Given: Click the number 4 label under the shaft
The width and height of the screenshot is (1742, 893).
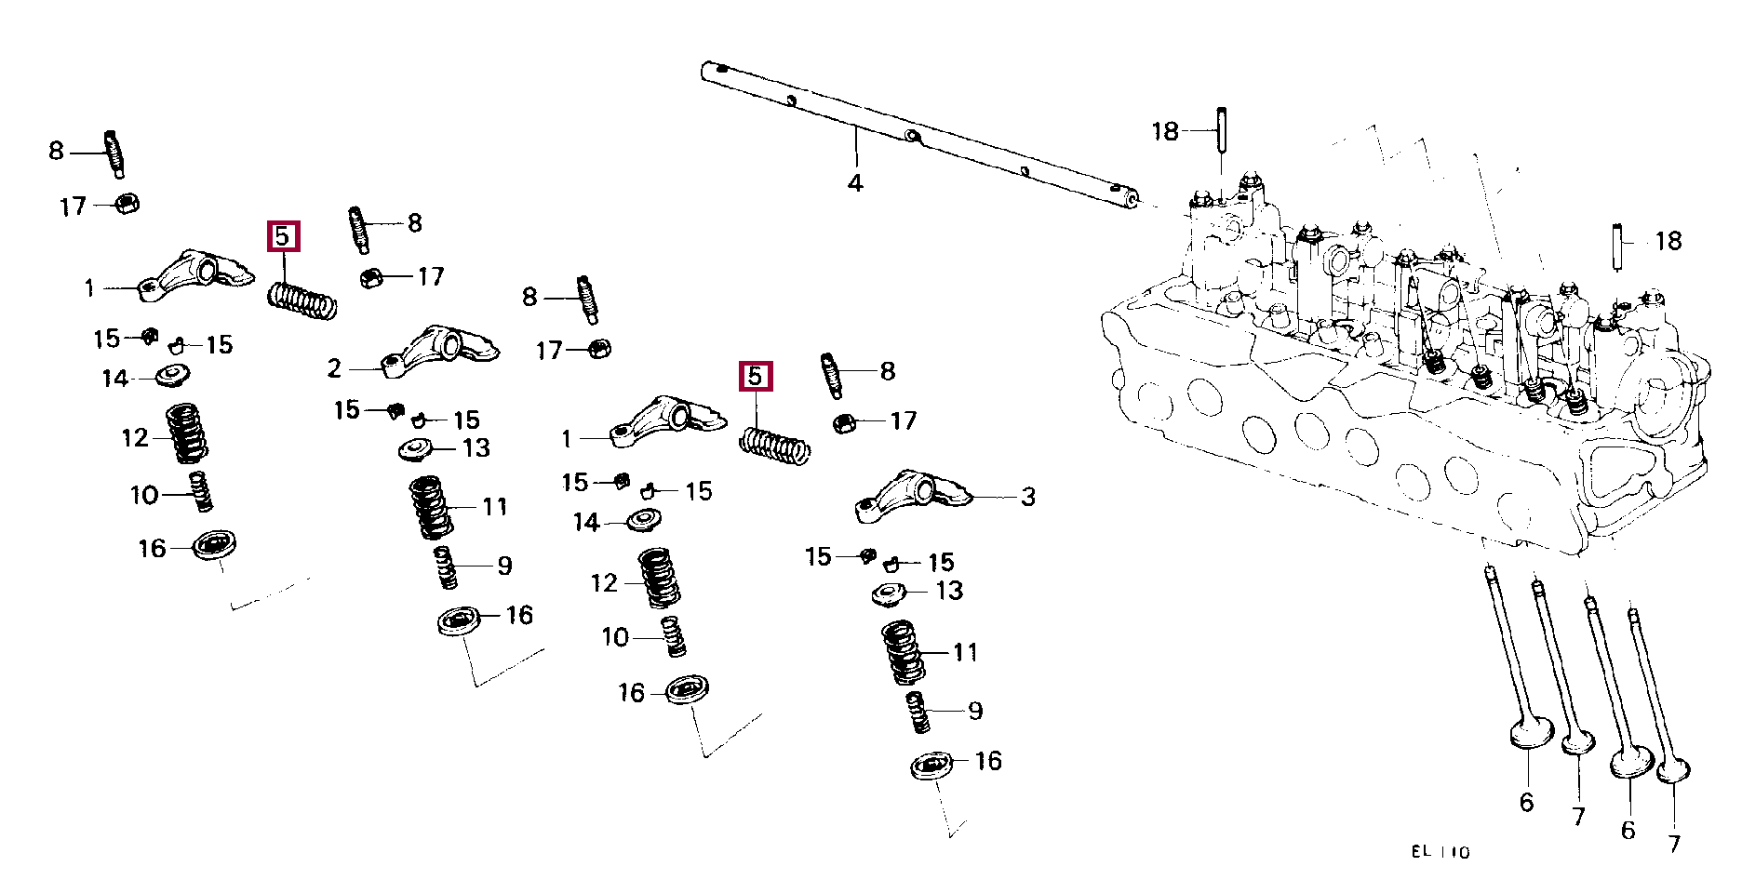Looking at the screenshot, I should [x=855, y=183].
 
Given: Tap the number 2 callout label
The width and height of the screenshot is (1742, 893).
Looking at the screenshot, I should [x=334, y=369].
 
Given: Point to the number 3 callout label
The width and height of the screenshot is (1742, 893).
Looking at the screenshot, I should [x=1028, y=497].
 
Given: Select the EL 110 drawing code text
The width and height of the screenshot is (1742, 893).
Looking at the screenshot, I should [x=1440, y=852].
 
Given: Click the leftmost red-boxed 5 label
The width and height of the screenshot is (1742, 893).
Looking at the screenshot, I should [x=283, y=237].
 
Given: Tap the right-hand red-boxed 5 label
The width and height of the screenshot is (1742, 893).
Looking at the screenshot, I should [x=755, y=377].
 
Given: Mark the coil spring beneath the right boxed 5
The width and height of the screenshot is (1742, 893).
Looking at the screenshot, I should [x=774, y=446].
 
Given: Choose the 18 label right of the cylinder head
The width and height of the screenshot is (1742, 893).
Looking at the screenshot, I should [x=1668, y=241].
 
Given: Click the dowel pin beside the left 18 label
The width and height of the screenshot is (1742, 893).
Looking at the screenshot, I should [x=1221, y=133].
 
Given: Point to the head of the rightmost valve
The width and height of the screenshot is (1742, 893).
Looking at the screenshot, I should [x=1673, y=771].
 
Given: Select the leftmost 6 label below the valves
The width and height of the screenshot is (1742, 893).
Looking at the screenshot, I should [x=1526, y=802].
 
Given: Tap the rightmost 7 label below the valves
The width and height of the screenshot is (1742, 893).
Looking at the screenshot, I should [x=1674, y=844].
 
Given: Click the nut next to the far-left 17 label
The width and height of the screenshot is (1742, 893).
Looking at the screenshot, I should [x=127, y=203].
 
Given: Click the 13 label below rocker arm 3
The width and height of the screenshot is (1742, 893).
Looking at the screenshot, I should [x=949, y=591].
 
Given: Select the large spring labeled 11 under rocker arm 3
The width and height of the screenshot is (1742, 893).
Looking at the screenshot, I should [x=902, y=652].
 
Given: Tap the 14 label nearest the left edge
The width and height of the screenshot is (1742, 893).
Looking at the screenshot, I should [x=114, y=379].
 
